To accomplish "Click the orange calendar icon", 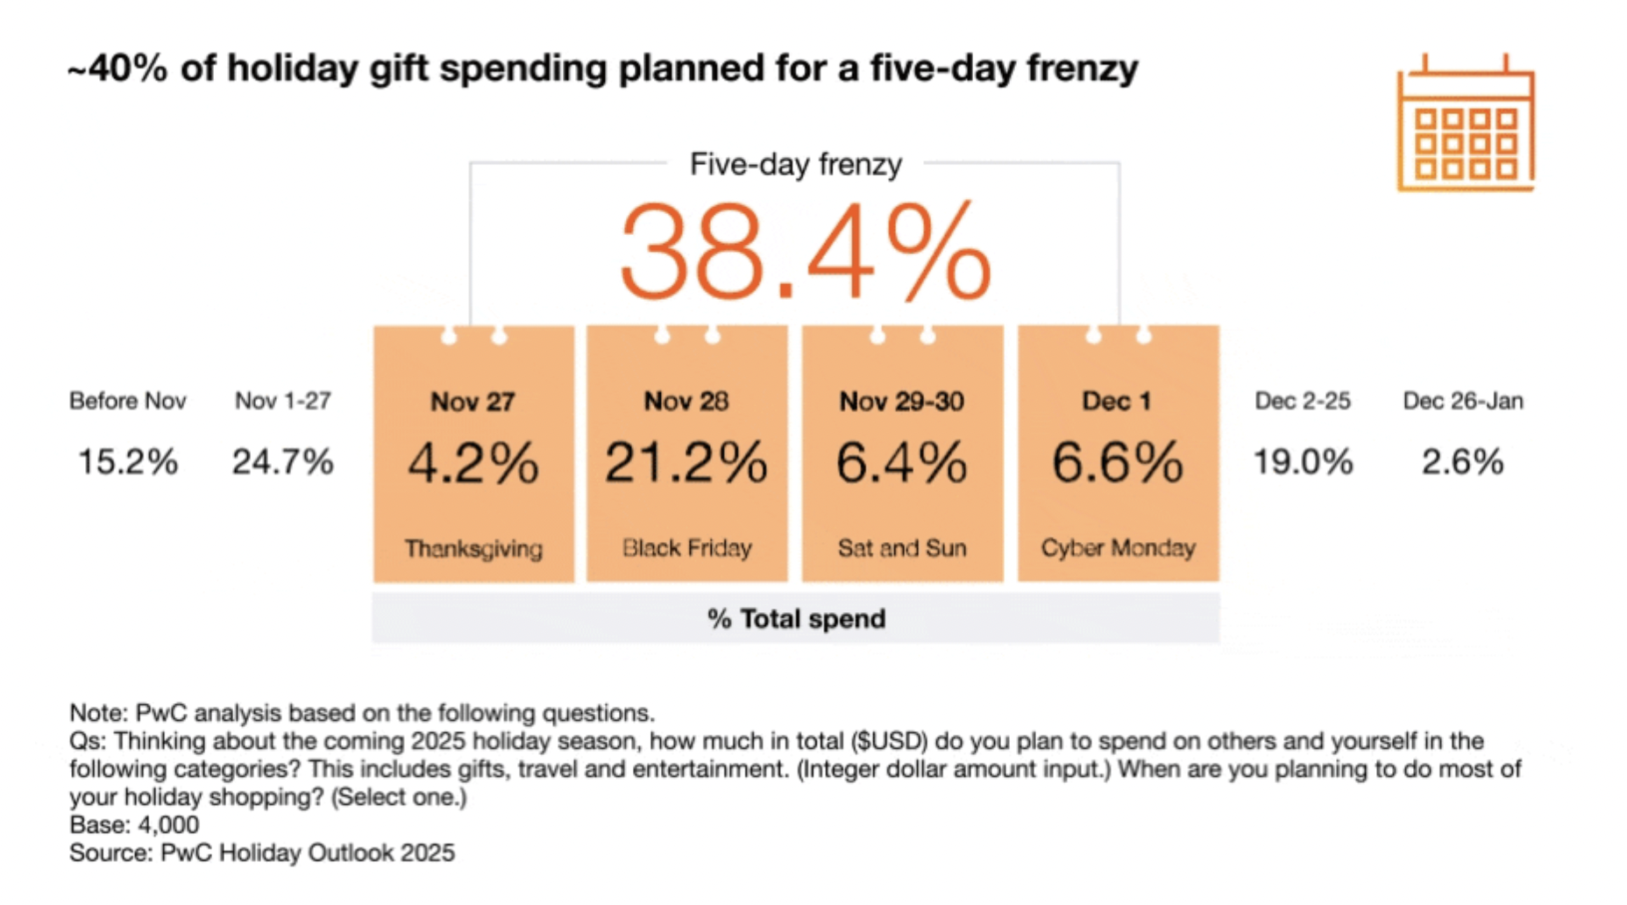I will [x=1465, y=124].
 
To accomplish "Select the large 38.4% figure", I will [x=805, y=252].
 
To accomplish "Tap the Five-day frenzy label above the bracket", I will [x=795, y=164].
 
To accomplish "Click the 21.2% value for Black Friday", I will [x=686, y=462].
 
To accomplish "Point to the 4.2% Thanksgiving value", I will [x=473, y=462].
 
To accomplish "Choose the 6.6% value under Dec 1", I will [x=1118, y=462].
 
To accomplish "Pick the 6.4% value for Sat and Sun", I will [x=902, y=462].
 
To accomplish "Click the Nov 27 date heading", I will [x=472, y=402].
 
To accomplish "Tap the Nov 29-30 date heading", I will [x=902, y=402].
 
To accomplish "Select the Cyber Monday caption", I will [x=1118, y=548].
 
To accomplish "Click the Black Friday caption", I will [x=686, y=548].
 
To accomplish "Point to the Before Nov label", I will [x=128, y=401].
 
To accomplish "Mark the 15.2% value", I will [x=128, y=462].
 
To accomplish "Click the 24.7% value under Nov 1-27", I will [x=282, y=462].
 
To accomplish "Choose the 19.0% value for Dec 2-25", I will [x=1303, y=462].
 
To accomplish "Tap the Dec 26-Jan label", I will [x=1463, y=401].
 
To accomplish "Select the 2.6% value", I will [x=1462, y=462].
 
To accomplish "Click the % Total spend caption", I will [x=796, y=619].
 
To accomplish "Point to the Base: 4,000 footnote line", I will [x=134, y=825].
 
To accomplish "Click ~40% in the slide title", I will [x=117, y=68].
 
